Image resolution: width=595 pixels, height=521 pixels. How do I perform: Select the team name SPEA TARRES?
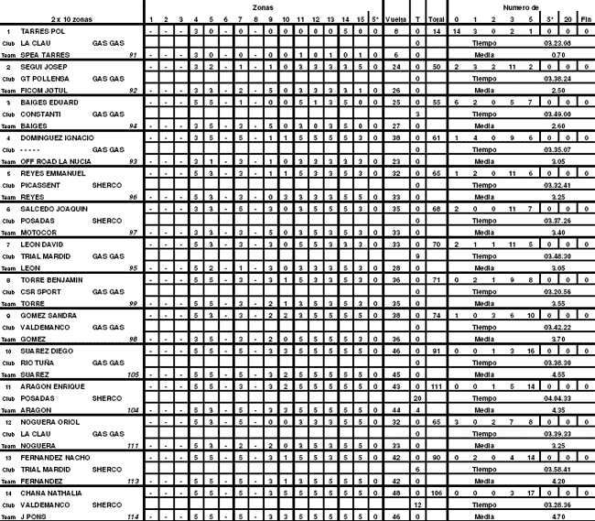click(43, 55)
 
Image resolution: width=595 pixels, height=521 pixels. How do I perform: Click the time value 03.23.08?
click(557, 43)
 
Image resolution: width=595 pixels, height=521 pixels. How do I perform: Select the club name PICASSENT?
click(40, 185)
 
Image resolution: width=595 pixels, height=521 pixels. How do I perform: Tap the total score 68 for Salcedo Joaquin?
click(437, 209)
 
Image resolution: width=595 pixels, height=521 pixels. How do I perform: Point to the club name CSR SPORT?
click(41, 291)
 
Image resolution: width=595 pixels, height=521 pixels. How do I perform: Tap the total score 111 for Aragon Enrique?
click(437, 386)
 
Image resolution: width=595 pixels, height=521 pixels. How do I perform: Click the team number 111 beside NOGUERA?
click(132, 445)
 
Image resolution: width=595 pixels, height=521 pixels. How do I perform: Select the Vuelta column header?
click(396, 18)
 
